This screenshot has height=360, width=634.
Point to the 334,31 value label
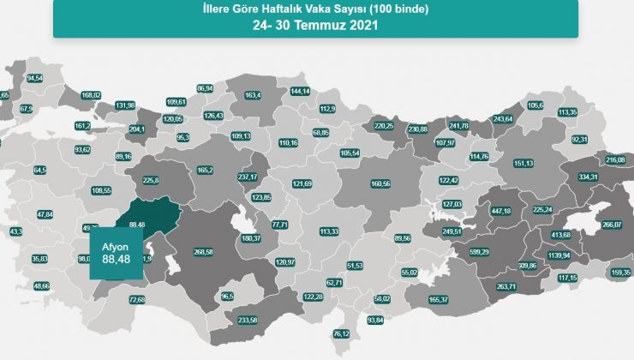pos(588,177)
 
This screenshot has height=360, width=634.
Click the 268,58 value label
pos(204,252)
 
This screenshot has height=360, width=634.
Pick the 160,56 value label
pos(380,184)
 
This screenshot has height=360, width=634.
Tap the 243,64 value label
pos(502,119)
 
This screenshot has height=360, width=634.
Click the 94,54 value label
pos(35,78)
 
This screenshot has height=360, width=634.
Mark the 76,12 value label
pos(342,333)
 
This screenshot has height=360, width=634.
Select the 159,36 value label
pos(621,273)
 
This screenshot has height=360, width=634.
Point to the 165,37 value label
pos(439,300)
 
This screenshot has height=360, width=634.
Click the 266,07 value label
pos(611,225)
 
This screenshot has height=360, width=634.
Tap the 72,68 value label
pos(137,300)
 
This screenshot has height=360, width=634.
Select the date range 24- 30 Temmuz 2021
pos(315,26)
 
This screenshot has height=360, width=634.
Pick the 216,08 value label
pos(615,160)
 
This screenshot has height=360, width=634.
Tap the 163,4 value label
pos(253,95)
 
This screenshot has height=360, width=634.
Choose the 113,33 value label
pos(330,231)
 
